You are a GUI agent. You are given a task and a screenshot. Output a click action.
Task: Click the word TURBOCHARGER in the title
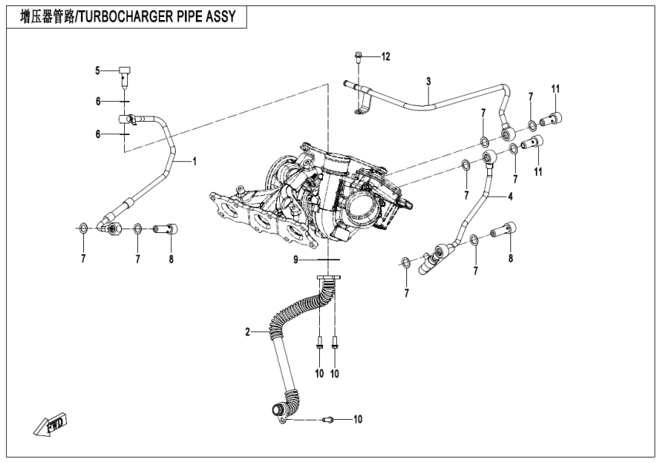click(x=132, y=17)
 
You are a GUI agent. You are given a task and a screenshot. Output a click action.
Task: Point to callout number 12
click(x=385, y=57)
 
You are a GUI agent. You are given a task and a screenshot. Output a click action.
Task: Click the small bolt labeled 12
click(x=359, y=56)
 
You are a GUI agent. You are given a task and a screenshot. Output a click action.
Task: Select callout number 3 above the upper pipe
click(x=429, y=81)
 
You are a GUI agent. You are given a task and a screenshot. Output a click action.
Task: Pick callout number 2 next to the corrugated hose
click(x=248, y=333)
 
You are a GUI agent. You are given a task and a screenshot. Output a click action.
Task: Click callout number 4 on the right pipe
click(x=510, y=197)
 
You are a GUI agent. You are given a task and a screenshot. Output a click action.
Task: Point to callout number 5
click(x=98, y=71)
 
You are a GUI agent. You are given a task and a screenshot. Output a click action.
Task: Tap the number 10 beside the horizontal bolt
click(x=357, y=419)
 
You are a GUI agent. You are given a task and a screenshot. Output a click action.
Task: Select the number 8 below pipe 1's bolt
click(x=171, y=259)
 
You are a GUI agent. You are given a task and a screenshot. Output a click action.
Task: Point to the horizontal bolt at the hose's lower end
click(x=328, y=419)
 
